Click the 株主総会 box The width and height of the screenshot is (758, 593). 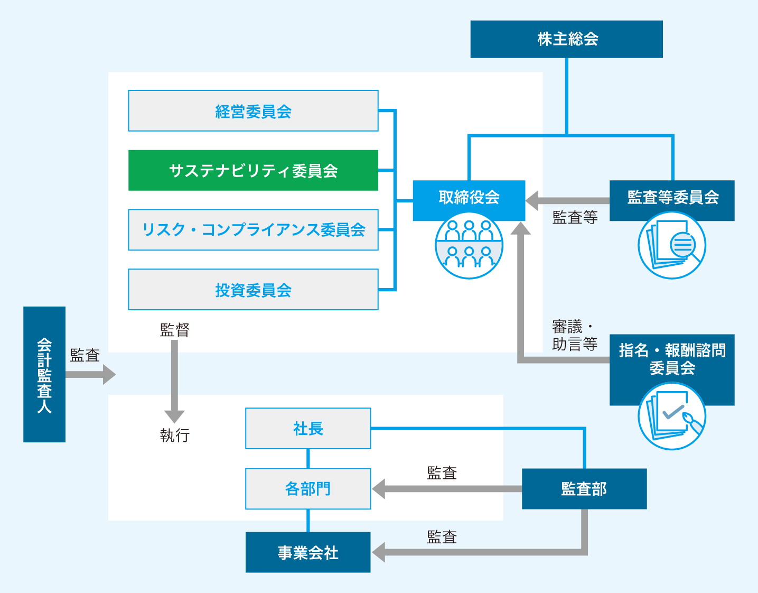[x=566, y=39]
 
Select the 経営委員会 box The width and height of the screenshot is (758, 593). [x=253, y=111]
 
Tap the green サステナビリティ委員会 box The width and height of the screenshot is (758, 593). [x=253, y=170]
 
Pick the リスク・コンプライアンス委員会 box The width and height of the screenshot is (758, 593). [x=253, y=230]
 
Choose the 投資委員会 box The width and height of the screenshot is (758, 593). [x=253, y=290]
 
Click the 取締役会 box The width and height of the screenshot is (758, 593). [x=469, y=198]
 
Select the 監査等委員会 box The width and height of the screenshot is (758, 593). [x=672, y=198]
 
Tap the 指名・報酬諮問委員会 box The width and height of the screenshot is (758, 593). [x=672, y=359]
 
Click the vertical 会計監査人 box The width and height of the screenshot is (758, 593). [x=44, y=374]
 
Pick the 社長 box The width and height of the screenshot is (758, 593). [x=308, y=429]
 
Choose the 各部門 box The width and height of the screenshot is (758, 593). [x=308, y=489]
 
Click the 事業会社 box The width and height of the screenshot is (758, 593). [x=308, y=552]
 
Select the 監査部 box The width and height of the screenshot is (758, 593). [x=584, y=489]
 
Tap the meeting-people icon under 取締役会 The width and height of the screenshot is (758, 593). [x=469, y=245]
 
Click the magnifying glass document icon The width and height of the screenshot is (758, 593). [x=672, y=245]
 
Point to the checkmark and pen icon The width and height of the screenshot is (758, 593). [x=672, y=416]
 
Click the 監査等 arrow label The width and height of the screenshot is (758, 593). [x=575, y=217]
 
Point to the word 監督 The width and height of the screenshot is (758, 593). [x=175, y=330]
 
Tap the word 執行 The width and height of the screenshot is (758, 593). [x=175, y=436]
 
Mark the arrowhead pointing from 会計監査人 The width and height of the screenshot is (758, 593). [x=109, y=374]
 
